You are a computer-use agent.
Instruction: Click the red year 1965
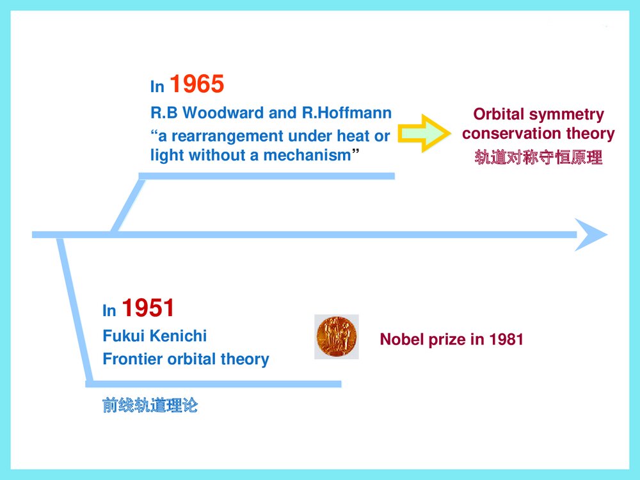pyautogui.click(x=197, y=84)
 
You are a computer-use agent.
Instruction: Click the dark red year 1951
pyautogui.click(x=148, y=308)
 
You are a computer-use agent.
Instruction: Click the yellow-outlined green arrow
pyautogui.click(x=423, y=133)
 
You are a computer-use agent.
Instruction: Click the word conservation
pyautogui.click(x=506, y=134)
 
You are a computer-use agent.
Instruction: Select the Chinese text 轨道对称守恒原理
pyautogui.click(x=538, y=157)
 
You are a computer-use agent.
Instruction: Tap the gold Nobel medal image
pyautogui.click(x=337, y=337)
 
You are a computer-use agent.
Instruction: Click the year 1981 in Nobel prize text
pyautogui.click(x=506, y=340)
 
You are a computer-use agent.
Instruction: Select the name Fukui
pyautogui.click(x=121, y=336)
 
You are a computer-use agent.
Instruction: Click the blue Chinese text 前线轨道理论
pyautogui.click(x=150, y=406)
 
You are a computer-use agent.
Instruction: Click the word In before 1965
pyautogui.click(x=157, y=87)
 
